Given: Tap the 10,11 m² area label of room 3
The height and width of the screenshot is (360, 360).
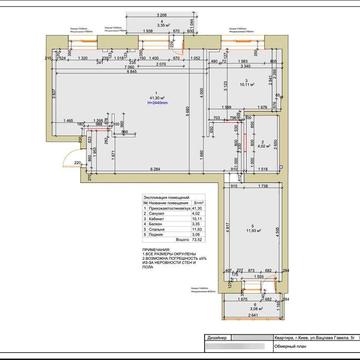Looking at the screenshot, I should click(x=245, y=85).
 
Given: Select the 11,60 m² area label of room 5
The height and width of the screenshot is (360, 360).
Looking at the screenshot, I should click(x=253, y=229).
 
